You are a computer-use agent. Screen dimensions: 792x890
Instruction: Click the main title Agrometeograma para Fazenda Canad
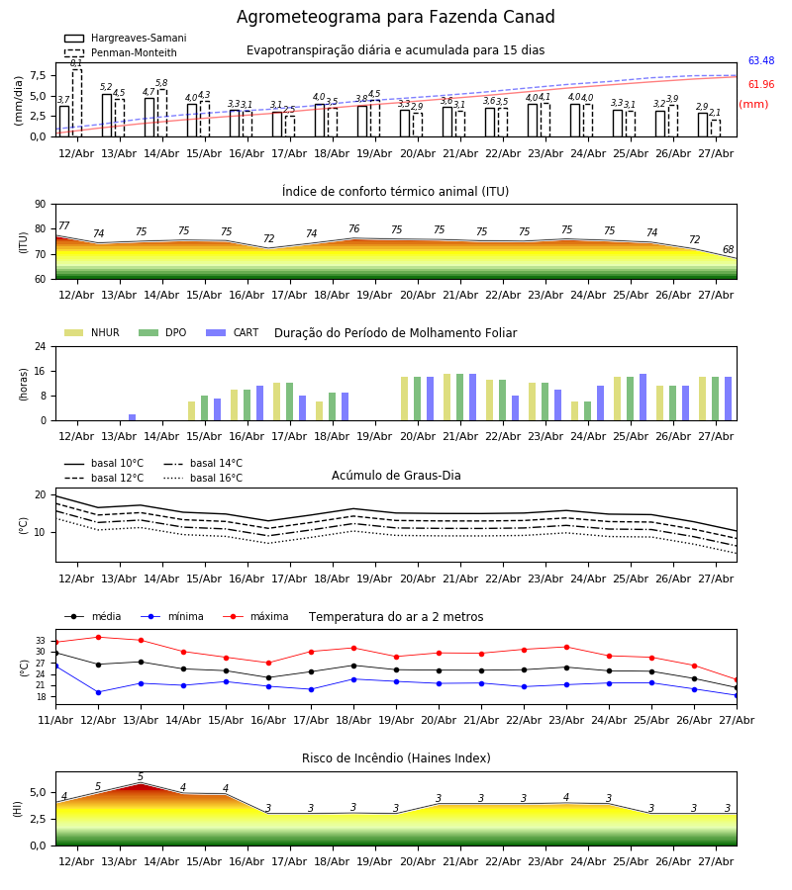pyautogui.click(x=395, y=17)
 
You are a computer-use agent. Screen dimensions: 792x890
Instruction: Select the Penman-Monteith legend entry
pyautogui.click(x=121, y=52)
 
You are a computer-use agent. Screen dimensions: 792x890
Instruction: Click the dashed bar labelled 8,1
pyautogui.click(x=76, y=103)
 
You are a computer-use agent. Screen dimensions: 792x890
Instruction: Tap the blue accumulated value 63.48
pyautogui.click(x=760, y=60)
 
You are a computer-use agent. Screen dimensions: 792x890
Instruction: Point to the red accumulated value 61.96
pyautogui.click(x=760, y=85)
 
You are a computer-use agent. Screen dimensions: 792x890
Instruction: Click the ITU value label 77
pyautogui.click(x=63, y=225)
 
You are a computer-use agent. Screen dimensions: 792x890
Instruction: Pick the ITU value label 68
pyautogui.click(x=728, y=250)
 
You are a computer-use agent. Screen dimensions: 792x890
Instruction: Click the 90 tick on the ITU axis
pyautogui.click(x=41, y=205)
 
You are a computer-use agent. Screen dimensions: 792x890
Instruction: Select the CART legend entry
pyautogui.click(x=233, y=332)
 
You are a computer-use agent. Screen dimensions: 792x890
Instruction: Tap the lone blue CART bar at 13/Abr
pyautogui.click(x=133, y=417)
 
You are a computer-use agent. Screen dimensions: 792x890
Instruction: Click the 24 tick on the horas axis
pyautogui.click(x=41, y=346)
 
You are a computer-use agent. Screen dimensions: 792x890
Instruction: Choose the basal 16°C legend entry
pyautogui.click(x=203, y=479)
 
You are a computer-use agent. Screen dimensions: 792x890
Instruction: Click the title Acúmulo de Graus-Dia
pyautogui.click(x=396, y=476)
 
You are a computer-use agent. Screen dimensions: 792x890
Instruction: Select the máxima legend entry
pyautogui.click(x=255, y=616)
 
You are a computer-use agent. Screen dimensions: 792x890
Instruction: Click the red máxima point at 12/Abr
pyautogui.click(x=98, y=638)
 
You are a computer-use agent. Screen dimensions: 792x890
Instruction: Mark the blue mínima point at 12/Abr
pyautogui.click(x=98, y=692)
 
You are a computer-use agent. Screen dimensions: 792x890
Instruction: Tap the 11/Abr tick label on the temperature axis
pyautogui.click(x=55, y=720)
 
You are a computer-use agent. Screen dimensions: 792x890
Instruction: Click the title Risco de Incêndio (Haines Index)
pyautogui.click(x=396, y=758)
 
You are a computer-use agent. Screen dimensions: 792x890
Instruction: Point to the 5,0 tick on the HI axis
pyautogui.click(x=38, y=793)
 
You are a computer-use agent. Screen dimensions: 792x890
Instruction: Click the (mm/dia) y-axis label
pyautogui.click(x=18, y=101)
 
